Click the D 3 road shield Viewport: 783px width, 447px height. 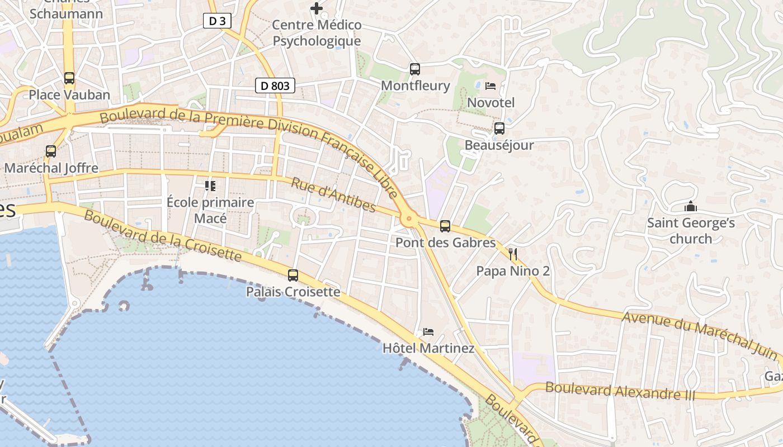point(217,21)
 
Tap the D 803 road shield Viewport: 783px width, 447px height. point(275,85)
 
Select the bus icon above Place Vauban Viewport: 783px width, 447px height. point(69,78)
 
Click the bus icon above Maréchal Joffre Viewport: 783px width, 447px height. point(51,151)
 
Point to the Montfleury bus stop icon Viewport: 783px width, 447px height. point(414,69)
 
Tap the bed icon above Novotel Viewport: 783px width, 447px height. point(490,86)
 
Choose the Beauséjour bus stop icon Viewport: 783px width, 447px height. point(499,129)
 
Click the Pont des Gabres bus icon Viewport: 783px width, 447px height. point(445,226)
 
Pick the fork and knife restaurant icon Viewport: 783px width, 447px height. point(513,255)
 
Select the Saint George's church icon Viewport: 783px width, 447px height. point(691,207)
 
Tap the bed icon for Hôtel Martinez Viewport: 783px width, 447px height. point(428,332)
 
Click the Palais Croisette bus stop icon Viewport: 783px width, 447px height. point(293,275)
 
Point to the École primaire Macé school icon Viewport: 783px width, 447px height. point(210,186)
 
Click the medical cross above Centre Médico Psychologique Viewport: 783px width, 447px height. point(317,8)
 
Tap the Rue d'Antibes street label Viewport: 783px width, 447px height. point(334,195)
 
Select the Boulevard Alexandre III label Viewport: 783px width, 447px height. point(620,390)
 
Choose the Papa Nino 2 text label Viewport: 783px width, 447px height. point(513,272)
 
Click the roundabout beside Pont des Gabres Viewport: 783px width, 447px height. point(409,219)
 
